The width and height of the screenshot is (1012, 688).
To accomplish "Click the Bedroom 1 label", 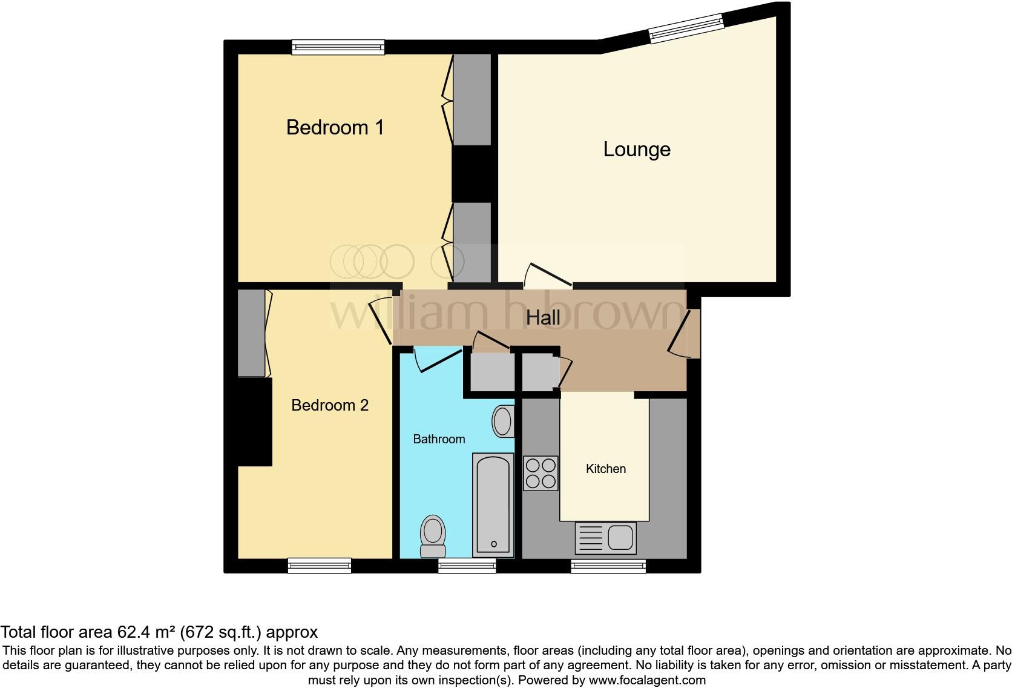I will pyautogui.click(x=335, y=127).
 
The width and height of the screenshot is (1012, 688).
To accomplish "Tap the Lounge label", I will pyautogui.click(x=637, y=149).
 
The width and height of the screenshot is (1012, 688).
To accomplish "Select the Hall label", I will pyautogui.click(x=543, y=317).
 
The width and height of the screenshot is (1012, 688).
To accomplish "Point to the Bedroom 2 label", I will pyautogui.click(x=330, y=405).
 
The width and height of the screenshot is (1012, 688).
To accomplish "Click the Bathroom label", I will pyautogui.click(x=439, y=439).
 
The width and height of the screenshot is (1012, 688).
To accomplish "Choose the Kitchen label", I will pyautogui.click(x=605, y=469).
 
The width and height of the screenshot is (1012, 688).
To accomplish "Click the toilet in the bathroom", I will pyautogui.click(x=433, y=536).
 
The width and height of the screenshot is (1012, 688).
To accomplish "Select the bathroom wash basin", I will pyautogui.click(x=503, y=422).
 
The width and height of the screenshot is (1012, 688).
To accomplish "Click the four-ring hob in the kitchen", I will pyautogui.click(x=540, y=473).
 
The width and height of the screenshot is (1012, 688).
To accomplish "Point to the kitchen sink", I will pyautogui.click(x=606, y=537).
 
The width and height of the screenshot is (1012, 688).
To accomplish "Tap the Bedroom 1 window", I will pyautogui.click(x=338, y=47).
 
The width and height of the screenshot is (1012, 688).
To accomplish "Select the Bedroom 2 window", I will pyautogui.click(x=319, y=566).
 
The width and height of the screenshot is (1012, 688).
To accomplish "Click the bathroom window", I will pyautogui.click(x=467, y=566).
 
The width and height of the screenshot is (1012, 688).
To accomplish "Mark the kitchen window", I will pyautogui.click(x=608, y=566).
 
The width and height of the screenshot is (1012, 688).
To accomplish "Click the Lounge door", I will pyautogui.click(x=548, y=276).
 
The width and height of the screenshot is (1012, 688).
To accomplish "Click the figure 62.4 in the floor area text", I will pyautogui.click(x=134, y=632).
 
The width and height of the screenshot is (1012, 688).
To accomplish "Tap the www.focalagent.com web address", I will pyautogui.click(x=646, y=680).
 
